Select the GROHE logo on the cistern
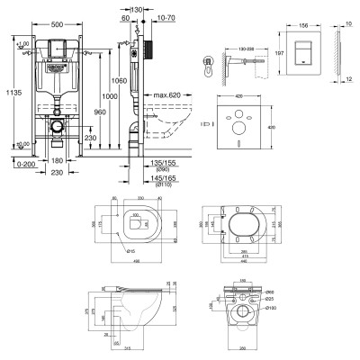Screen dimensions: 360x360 coord(56,40)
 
